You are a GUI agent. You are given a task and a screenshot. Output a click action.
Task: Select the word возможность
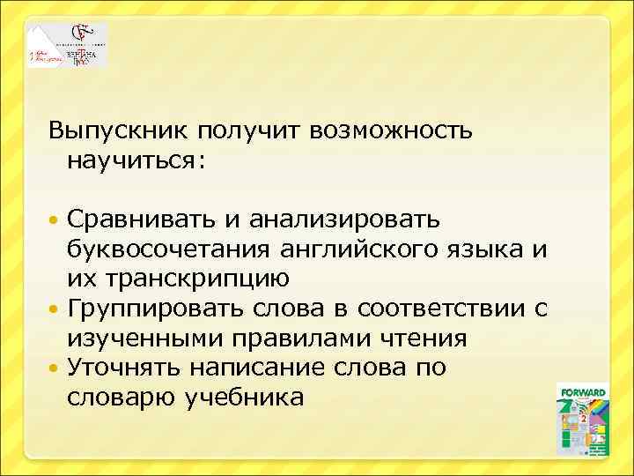click(x=392, y=130)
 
